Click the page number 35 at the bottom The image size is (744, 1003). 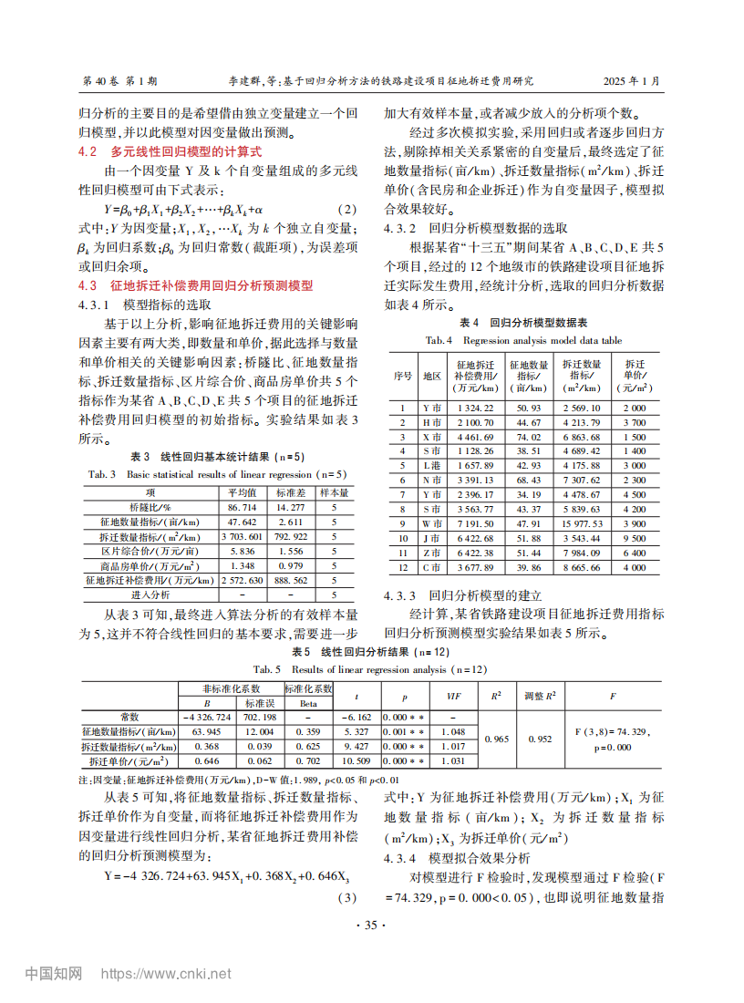click(370, 925)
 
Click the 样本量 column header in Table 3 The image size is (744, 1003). click(335, 492)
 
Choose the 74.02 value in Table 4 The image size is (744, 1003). click(529, 437)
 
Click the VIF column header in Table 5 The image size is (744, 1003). click(453, 696)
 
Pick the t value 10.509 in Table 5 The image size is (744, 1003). click(356, 760)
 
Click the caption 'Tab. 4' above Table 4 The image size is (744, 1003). click(439, 340)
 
